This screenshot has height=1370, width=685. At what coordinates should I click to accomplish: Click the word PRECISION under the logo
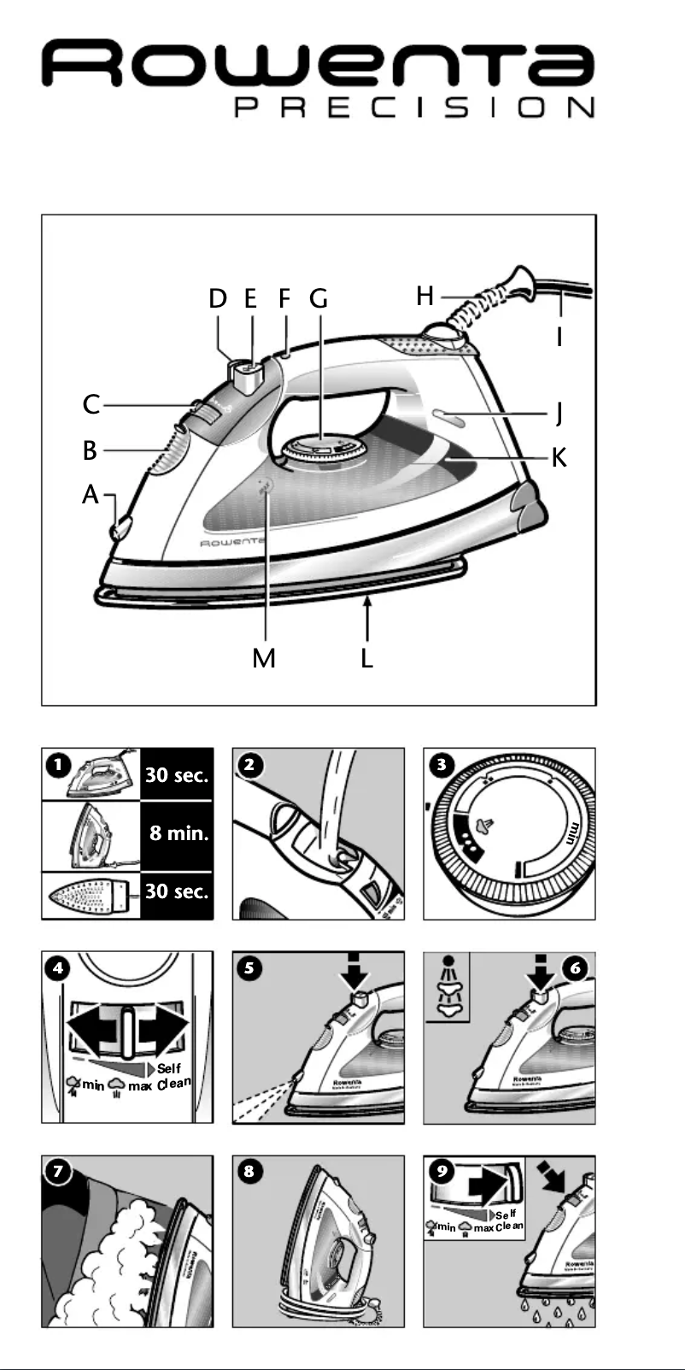pyautogui.click(x=414, y=109)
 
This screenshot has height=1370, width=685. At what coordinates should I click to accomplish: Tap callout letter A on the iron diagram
pyautogui.click(x=91, y=495)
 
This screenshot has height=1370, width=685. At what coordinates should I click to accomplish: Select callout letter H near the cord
pyautogui.click(x=425, y=297)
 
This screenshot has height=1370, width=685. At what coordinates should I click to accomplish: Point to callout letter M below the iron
pyautogui.click(x=264, y=658)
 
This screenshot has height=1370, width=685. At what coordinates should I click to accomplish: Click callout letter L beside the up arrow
pyautogui.click(x=367, y=658)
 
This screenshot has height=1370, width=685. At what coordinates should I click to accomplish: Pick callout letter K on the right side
pyautogui.click(x=559, y=457)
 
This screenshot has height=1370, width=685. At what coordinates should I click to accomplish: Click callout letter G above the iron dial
pyautogui.click(x=319, y=299)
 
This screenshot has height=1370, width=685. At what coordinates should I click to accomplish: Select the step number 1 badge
pyautogui.click(x=57, y=765)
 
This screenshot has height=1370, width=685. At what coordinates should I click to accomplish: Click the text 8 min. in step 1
pyautogui.click(x=179, y=832)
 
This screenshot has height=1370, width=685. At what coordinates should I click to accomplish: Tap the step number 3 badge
pyautogui.click(x=442, y=764)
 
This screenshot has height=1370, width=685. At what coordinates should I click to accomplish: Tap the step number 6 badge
pyautogui.click(x=577, y=967)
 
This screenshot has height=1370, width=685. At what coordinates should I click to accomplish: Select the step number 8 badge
pyautogui.click(x=249, y=1171)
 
